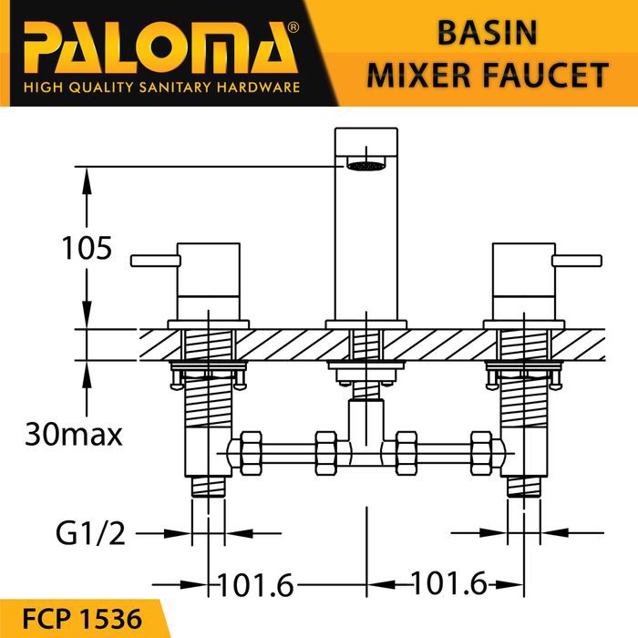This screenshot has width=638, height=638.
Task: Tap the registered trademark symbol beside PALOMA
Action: tap(293, 27)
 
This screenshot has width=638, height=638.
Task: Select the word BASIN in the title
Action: tap(487, 33)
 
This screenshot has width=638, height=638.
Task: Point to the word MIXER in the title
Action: tap(419, 76)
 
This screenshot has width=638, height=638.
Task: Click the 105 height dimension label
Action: tap(87, 248)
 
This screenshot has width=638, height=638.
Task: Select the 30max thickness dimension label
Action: tap(73, 435)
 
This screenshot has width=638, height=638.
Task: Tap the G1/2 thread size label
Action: tap(90, 533)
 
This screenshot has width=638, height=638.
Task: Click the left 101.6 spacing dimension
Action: tap(256, 585)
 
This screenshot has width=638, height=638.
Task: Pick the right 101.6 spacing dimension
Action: tap(449, 582)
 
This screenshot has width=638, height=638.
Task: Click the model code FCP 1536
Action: tap(82, 619)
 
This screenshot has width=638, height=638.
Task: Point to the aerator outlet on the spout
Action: tap(365, 166)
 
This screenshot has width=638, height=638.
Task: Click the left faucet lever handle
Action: tap(156, 261)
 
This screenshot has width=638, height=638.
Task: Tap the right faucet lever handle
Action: tap(577, 261)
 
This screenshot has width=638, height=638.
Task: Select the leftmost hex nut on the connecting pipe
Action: tap(251, 453)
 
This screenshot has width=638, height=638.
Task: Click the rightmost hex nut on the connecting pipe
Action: tap(481, 453)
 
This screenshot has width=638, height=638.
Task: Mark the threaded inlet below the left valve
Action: tap(208, 486)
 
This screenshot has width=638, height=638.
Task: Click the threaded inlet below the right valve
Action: tap(524, 486)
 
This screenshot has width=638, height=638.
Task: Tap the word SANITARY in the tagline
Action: tap(175, 87)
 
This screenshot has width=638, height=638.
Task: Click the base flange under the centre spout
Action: tap(366, 324)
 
